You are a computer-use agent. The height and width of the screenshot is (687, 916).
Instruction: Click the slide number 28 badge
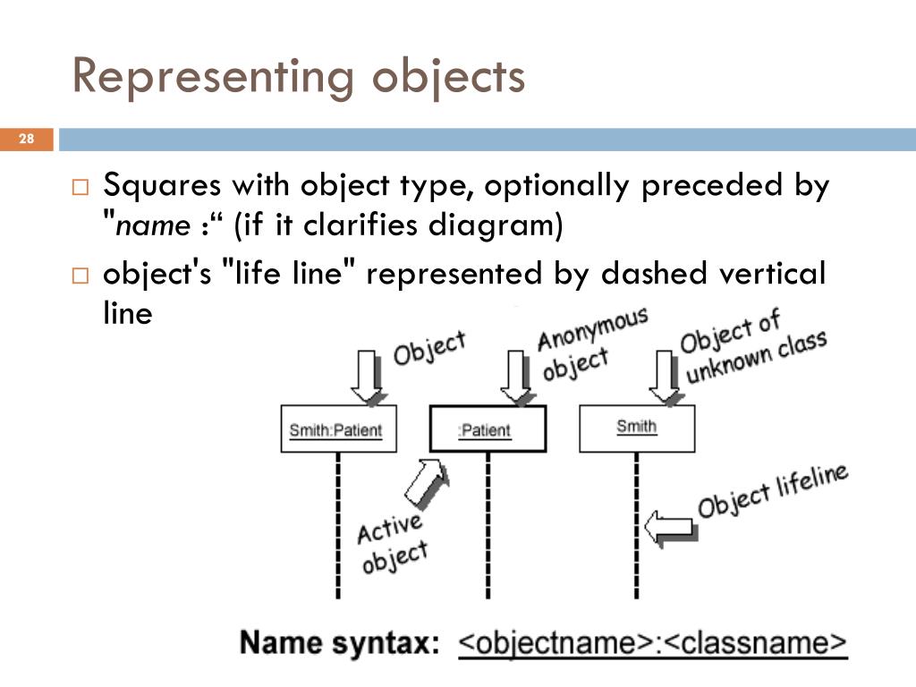(x=26, y=139)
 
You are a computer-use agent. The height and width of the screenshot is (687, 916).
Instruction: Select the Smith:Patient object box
(x=337, y=429)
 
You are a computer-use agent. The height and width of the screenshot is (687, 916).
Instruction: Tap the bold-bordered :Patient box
(x=487, y=429)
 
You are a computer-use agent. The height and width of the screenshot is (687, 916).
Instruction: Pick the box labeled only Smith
(x=636, y=428)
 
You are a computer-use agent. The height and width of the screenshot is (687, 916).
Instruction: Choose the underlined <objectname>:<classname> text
(x=652, y=643)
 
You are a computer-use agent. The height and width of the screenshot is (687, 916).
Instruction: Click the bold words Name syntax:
(x=340, y=643)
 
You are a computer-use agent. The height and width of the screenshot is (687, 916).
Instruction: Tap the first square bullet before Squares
(x=81, y=189)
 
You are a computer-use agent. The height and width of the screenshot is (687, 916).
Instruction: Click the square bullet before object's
(x=81, y=276)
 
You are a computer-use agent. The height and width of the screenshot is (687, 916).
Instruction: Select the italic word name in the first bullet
(x=153, y=227)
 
